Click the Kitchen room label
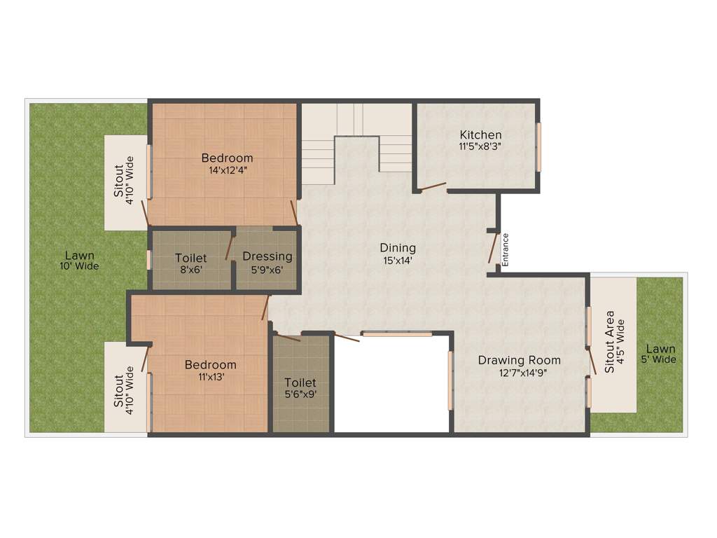[480, 134]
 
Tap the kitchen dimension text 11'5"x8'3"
[480, 146]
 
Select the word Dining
[398, 247]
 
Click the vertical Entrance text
[506, 249]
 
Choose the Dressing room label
[267, 256]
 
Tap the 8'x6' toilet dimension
[191, 270]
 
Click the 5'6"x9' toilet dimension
[300, 394]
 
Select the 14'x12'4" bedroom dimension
[228, 170]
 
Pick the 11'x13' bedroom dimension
[211, 376]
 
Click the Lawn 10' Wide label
[79, 260]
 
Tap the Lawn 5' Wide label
[661, 354]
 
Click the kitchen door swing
[432, 186]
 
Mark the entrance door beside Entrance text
[493, 247]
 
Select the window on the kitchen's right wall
[538, 147]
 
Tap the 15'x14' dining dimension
[398, 261]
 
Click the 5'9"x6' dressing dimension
[267, 270]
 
